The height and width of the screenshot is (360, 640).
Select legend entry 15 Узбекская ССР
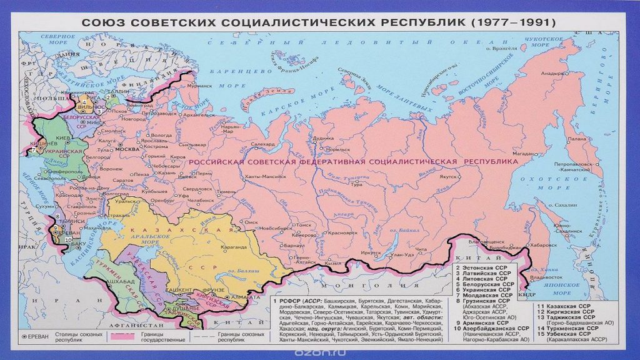[561, 334]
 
